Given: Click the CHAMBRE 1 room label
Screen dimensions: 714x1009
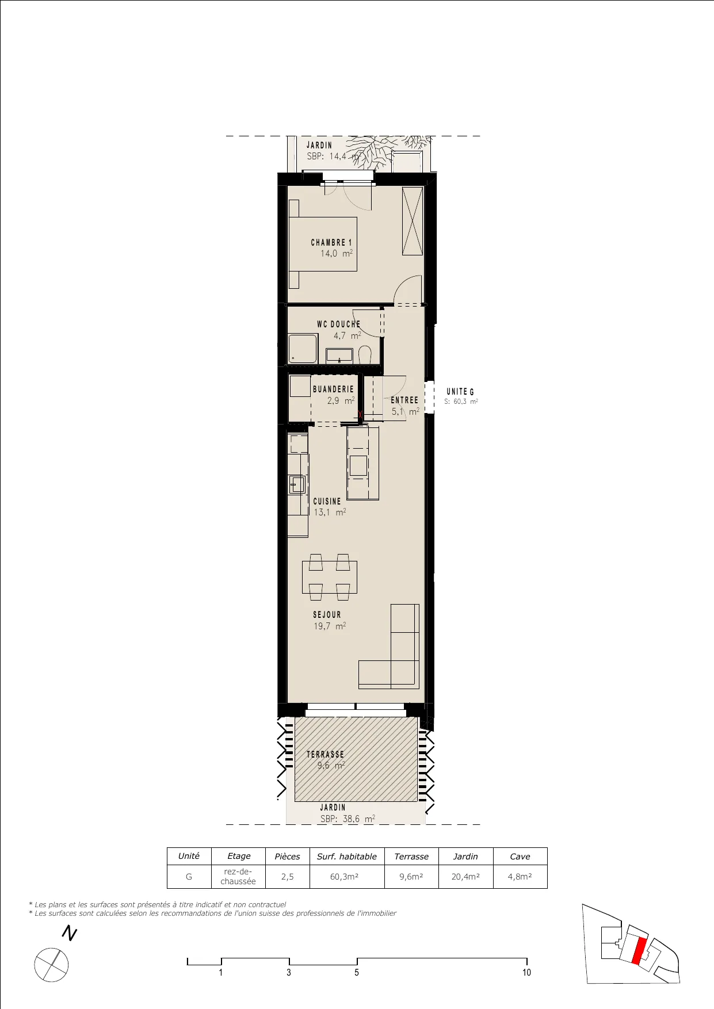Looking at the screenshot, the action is [x=331, y=243].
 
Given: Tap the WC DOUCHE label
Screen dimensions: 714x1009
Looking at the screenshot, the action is [x=338, y=324].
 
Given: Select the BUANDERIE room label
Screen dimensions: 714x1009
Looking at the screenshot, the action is [x=333, y=389].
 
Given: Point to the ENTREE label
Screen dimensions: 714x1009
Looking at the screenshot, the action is [x=404, y=400].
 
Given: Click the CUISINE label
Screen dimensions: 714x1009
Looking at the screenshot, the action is [x=327, y=502].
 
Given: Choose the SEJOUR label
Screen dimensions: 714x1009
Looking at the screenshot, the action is [x=327, y=615].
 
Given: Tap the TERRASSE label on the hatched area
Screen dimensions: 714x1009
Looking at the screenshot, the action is [x=325, y=754].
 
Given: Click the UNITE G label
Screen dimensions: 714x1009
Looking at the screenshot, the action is [x=460, y=392].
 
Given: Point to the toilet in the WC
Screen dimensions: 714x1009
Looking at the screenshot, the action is [x=365, y=354].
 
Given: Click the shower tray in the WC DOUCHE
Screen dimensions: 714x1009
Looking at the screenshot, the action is [x=303, y=350].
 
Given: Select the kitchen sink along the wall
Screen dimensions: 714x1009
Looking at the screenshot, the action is [x=297, y=484].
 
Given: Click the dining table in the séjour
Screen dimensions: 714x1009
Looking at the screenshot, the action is [x=330, y=577].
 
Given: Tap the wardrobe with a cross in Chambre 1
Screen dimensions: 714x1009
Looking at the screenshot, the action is [x=413, y=221].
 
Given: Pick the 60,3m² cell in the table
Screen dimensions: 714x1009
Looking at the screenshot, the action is [x=345, y=877].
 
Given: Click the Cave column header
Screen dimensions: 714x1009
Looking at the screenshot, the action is [x=520, y=857].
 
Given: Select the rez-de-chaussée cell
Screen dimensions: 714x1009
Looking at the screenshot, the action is [x=238, y=877].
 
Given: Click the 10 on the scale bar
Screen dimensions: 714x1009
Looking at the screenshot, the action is [x=526, y=972].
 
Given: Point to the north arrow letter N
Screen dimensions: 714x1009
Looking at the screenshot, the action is [x=70, y=933].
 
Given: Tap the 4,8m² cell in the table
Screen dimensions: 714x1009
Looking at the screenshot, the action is [x=520, y=877].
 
